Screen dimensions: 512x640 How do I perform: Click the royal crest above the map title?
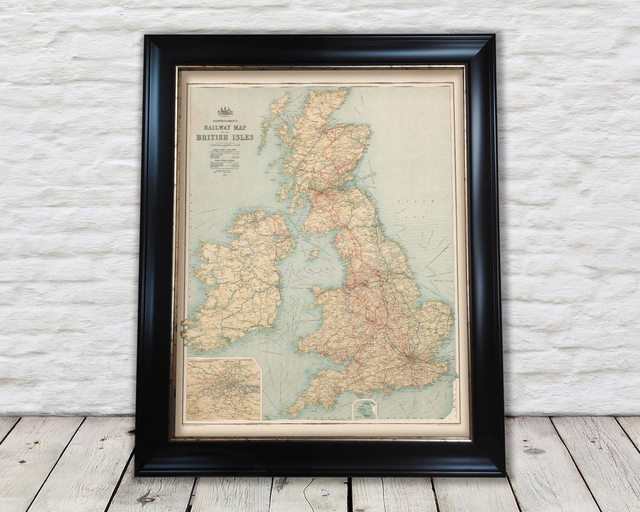[225, 111]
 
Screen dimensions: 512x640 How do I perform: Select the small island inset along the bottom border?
[364, 409]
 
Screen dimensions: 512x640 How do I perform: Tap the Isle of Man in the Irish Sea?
[313, 254]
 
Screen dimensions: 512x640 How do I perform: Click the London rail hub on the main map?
[408, 359]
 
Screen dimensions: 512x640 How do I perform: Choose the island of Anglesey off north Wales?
[320, 290]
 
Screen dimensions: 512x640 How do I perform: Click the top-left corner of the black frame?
[145, 36]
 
